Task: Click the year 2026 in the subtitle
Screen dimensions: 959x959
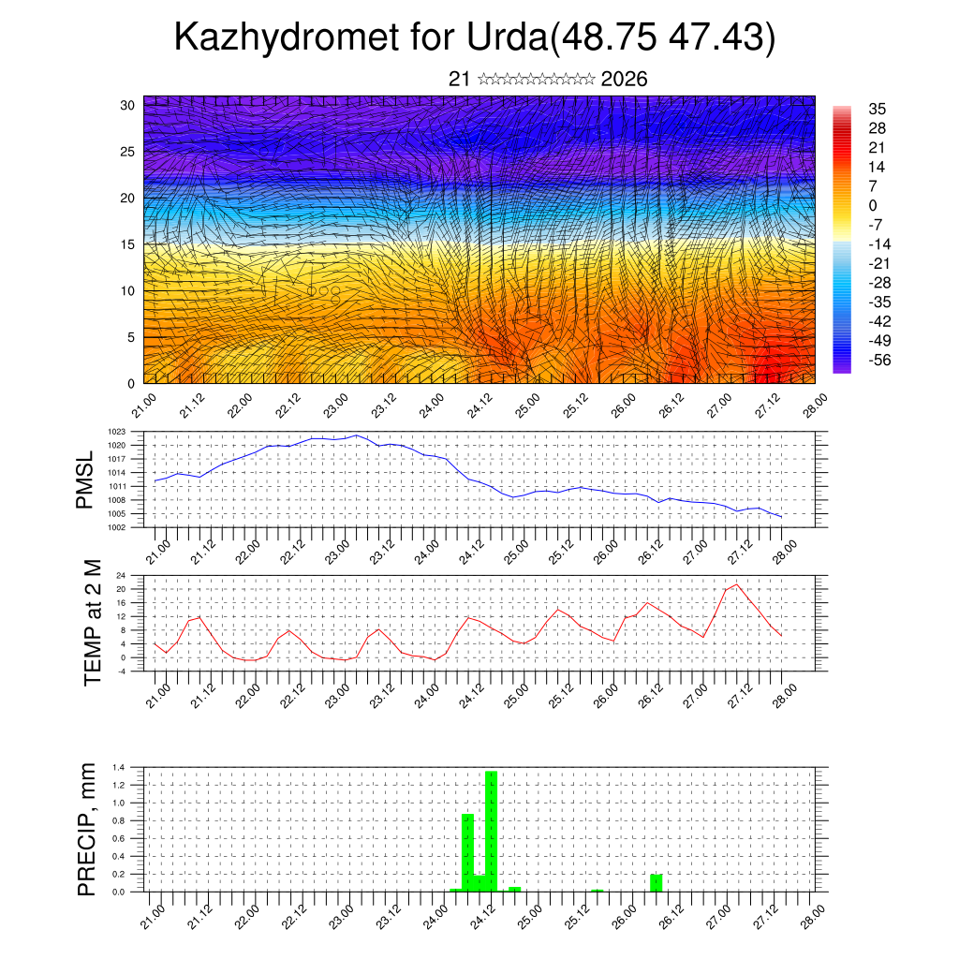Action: [624, 79]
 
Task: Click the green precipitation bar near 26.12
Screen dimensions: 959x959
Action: [656, 882]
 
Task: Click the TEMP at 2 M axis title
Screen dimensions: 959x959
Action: [92, 622]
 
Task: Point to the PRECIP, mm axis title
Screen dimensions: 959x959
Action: [87, 828]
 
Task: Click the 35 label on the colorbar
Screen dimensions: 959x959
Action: [877, 110]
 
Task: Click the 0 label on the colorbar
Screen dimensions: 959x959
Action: [873, 205]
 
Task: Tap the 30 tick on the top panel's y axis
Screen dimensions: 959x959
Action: [127, 105]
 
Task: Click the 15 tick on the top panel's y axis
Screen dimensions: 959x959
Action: [127, 244]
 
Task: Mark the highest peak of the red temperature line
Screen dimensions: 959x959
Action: [737, 584]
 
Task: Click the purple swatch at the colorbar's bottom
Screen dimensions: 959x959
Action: [842, 368]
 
